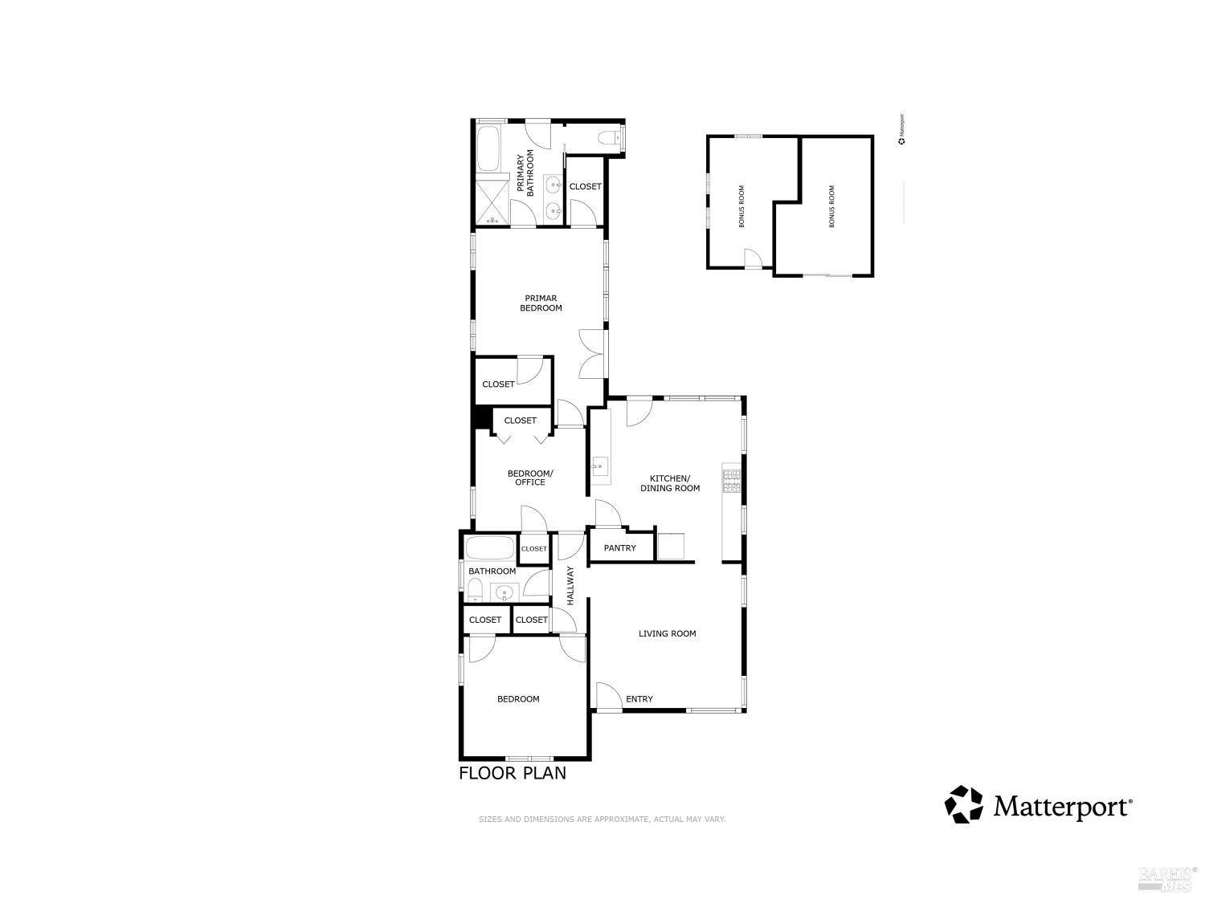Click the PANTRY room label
point(619,548)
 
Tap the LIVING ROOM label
point(667,634)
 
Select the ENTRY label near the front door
point(639,699)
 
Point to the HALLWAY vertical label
point(570,586)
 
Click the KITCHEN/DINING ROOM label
point(669,483)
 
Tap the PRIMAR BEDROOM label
point(541,303)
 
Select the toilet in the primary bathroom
point(610,136)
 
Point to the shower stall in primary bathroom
point(491,201)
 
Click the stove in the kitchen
point(731,480)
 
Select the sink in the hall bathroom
point(504,594)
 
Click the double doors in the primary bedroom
point(592,353)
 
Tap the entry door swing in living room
point(607,695)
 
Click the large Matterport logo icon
point(963,804)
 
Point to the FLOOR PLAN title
point(513,773)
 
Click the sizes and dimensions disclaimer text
point(602,820)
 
